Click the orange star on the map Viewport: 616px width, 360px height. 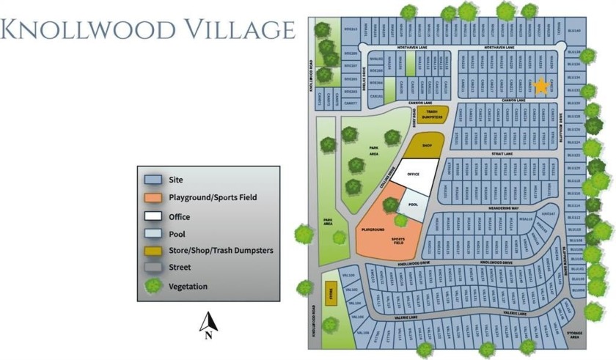pos(540,86)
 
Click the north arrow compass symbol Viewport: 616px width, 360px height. pos(209,324)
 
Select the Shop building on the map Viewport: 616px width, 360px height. pos(427,145)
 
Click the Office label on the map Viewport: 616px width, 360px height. pos(413,174)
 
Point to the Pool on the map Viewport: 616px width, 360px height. pos(413,205)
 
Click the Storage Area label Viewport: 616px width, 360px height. pos(574,335)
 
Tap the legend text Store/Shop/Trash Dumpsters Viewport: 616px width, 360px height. pos(221,251)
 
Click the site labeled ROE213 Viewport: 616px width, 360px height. pos(350,30)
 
